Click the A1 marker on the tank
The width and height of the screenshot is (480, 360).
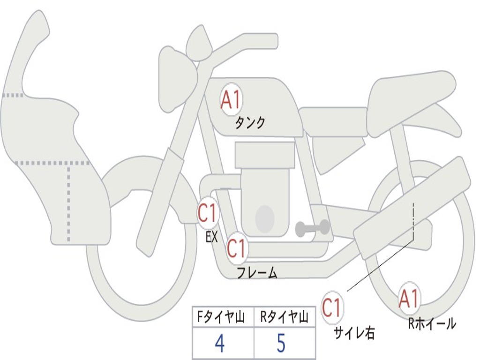231,99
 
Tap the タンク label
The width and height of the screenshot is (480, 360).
250,123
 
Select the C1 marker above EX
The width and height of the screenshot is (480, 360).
207,213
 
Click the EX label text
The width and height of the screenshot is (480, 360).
211,237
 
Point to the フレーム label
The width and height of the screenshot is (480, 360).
256,273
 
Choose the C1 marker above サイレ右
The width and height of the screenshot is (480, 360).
332,307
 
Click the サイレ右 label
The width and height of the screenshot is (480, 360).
354,333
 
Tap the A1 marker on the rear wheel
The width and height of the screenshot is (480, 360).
409,299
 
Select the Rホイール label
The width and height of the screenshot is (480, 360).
432,323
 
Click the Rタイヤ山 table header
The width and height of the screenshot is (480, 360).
284,318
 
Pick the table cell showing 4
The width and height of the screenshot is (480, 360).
220,344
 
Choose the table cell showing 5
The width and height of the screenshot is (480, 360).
281,344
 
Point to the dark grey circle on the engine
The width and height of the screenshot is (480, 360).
264,217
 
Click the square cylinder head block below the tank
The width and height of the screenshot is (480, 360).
265,155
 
